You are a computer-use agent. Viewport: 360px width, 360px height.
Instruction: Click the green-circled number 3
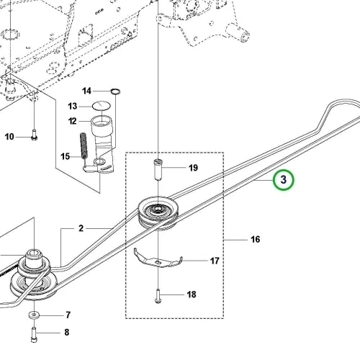(x=284, y=180)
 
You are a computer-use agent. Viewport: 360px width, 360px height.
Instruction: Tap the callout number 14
(x=86, y=91)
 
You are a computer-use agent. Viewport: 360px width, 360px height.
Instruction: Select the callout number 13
(x=73, y=106)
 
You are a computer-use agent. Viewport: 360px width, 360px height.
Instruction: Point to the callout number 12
(x=73, y=121)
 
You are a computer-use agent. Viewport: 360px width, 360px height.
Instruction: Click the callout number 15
(x=65, y=156)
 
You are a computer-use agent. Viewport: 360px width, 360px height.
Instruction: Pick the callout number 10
(x=9, y=137)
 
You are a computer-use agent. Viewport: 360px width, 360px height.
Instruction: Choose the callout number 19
(x=193, y=168)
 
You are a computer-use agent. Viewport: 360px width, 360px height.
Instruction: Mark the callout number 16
(x=256, y=239)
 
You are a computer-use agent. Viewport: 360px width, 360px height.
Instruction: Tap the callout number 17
(x=215, y=261)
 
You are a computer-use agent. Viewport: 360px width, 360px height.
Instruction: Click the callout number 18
(x=192, y=294)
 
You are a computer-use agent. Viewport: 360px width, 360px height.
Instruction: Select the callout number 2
(x=81, y=228)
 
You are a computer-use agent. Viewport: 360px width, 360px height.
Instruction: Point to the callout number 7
(x=68, y=315)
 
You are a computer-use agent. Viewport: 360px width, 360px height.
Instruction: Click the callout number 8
(x=67, y=333)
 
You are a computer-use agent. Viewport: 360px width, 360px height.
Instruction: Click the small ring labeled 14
(x=115, y=89)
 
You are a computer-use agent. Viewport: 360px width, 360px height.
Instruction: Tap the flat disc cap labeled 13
(x=102, y=105)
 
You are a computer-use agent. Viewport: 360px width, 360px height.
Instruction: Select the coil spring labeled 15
(x=84, y=145)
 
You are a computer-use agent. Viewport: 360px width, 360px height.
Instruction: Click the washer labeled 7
(x=35, y=315)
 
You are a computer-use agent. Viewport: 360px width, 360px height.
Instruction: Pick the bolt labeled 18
(x=158, y=296)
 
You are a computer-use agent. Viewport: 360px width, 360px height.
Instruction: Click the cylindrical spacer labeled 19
(x=158, y=169)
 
